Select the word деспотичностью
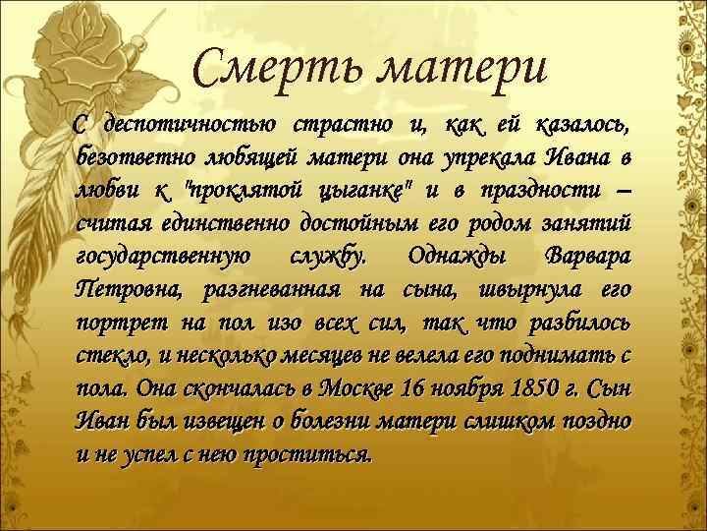185,125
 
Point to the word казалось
583,125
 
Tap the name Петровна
129,291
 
